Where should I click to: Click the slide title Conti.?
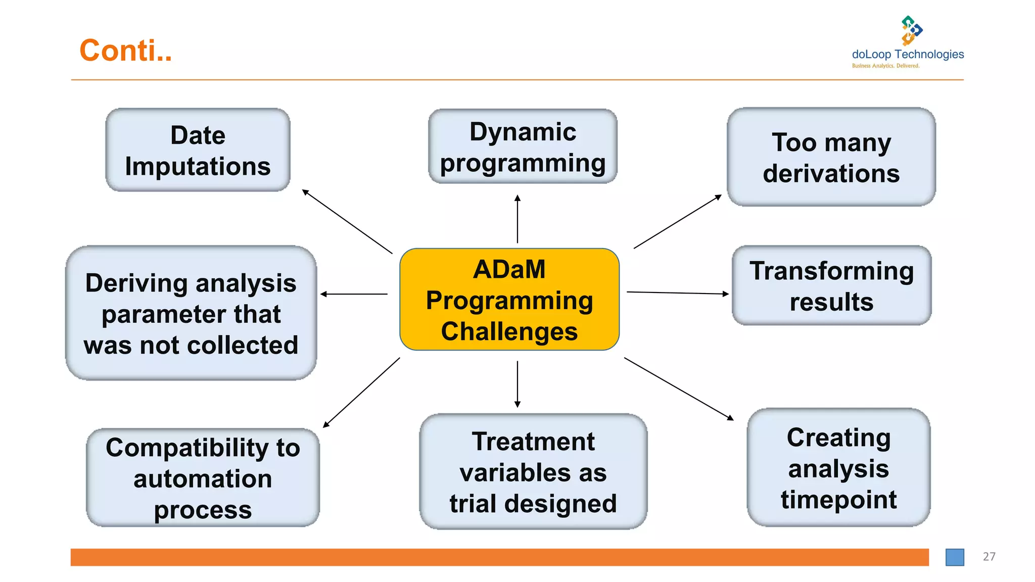pyautogui.click(x=125, y=51)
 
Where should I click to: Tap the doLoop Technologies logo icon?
pyautogui.click(x=911, y=30)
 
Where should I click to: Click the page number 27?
pyautogui.click(x=989, y=556)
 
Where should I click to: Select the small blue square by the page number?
pyautogui.click(x=954, y=557)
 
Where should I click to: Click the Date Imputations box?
pyautogui.click(x=198, y=150)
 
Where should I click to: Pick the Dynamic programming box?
pyautogui.click(x=523, y=147)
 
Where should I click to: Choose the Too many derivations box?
pyautogui.click(x=831, y=157)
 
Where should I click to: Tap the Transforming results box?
pyautogui.click(x=831, y=285)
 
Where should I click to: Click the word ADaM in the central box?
pyautogui.click(x=509, y=269)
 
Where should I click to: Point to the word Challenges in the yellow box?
pyautogui.click(x=509, y=332)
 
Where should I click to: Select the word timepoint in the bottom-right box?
pyautogui.click(x=838, y=500)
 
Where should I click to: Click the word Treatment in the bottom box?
pyautogui.click(x=533, y=442)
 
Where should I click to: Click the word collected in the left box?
pyautogui.click(x=244, y=346)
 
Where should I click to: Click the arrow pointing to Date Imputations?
pyautogui.click(x=347, y=221)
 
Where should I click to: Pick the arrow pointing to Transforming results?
pyautogui.click(x=677, y=293)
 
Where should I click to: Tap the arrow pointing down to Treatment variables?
pyautogui.click(x=517, y=384)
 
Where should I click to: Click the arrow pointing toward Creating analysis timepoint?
pyautogui.click(x=679, y=389)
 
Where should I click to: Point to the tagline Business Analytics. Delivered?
pyautogui.click(x=885, y=66)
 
